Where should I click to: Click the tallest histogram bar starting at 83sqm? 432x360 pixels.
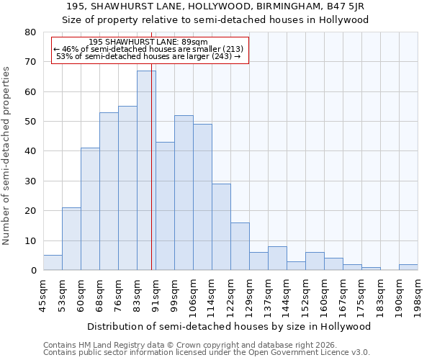(x=146, y=171)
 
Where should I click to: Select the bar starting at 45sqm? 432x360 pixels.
(x=53, y=263)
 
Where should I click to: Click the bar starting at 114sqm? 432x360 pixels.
(x=221, y=227)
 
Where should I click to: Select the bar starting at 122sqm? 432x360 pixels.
(x=240, y=246)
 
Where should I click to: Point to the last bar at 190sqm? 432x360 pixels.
(x=408, y=267)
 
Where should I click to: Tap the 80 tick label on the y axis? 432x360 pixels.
(x=30, y=32)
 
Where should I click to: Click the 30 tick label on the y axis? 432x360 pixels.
(x=30, y=181)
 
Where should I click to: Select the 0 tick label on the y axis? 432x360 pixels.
(x=33, y=271)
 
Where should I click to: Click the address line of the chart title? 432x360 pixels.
(x=215, y=6)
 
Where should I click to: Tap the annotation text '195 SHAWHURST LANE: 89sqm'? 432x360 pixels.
(x=148, y=42)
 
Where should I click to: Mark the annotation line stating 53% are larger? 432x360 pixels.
(x=148, y=56)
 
